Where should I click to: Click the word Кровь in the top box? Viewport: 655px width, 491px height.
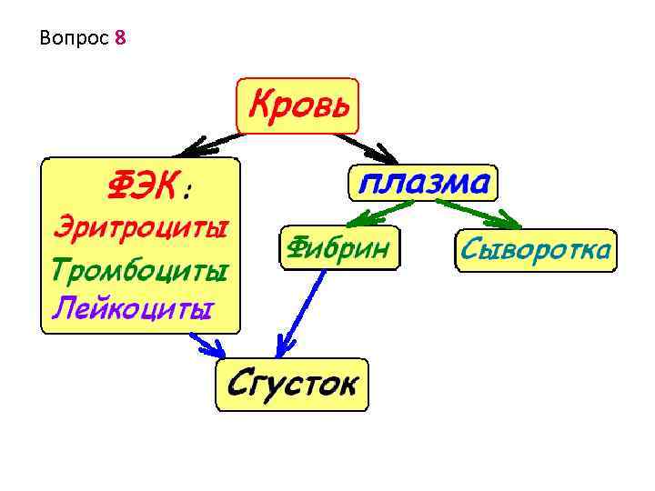(x=297, y=105)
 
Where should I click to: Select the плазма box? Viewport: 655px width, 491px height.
(x=422, y=183)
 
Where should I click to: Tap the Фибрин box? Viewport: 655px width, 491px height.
(x=339, y=247)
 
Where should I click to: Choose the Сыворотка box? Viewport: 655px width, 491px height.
(x=534, y=248)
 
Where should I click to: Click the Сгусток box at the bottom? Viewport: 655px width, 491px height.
(x=292, y=384)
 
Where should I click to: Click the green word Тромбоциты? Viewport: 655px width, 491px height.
(x=139, y=269)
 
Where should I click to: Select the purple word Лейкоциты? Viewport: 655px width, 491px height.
(x=133, y=307)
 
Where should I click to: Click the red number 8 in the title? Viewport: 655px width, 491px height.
(x=121, y=39)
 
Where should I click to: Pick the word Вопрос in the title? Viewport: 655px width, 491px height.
(x=76, y=39)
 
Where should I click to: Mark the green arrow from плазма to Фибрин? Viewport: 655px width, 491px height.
(x=382, y=213)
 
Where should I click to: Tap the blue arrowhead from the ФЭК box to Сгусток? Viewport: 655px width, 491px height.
(x=214, y=347)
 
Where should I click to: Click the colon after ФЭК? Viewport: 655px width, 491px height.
(x=186, y=191)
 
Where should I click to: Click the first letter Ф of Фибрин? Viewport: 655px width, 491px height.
(x=297, y=247)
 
